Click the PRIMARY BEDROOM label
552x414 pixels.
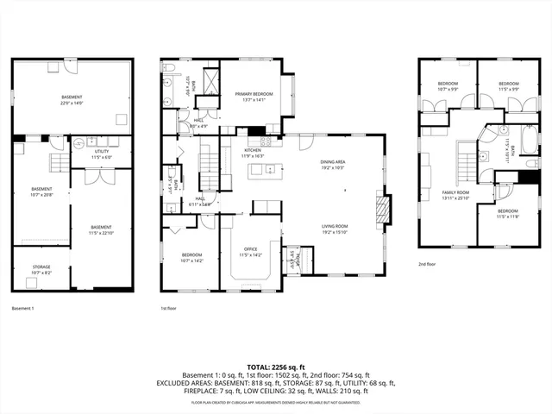pos(257,96)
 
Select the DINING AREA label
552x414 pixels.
pos(333,164)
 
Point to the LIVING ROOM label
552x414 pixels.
pos(333,229)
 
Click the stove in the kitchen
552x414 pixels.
pos(267,141)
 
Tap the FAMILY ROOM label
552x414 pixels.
pos(456,194)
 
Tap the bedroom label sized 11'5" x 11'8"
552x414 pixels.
pos(507,213)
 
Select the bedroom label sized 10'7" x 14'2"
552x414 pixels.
pos(192,257)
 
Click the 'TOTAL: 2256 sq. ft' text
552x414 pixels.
pos(275,367)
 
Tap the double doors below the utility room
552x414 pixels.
pos(101,176)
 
